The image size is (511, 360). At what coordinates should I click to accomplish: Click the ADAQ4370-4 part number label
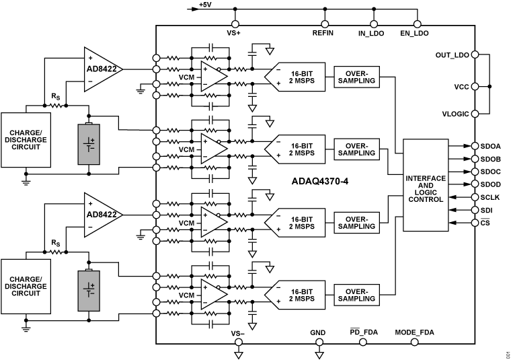point(320,181)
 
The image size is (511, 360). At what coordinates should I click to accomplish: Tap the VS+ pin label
point(234,33)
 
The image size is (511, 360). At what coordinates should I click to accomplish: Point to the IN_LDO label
point(370,33)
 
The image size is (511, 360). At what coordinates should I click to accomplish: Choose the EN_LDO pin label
point(414,33)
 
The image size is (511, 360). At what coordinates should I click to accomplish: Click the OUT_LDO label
point(452,55)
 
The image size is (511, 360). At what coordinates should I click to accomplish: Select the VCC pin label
point(461,87)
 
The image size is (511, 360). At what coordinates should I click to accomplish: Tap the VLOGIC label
point(455,114)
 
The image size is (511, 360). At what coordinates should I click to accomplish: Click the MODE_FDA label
point(414,332)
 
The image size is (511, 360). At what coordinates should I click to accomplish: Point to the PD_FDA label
point(363,332)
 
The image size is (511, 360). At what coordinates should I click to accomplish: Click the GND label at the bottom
point(317,332)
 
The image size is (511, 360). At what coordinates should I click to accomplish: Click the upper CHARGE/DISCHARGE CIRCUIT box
point(26,140)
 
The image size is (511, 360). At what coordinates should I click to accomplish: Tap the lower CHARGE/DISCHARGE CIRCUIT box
point(26,285)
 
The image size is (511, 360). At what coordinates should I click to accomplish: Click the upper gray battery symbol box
point(89,144)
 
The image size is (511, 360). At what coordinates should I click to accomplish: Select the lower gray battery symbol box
point(89,290)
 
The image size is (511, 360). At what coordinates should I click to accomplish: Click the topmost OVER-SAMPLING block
point(356,76)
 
